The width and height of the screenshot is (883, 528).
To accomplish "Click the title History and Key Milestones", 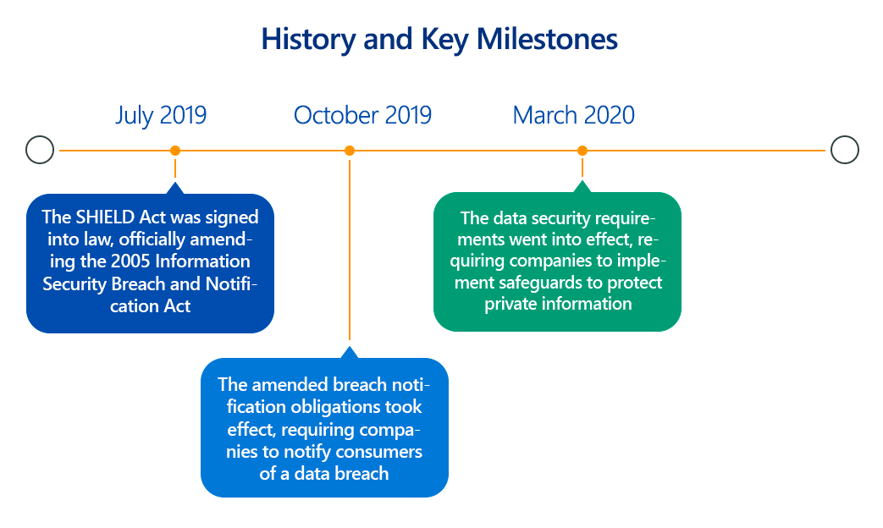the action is [x=439, y=40].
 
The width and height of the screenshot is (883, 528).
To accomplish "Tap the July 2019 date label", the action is [x=161, y=116].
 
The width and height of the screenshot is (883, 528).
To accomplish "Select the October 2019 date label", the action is [x=362, y=115].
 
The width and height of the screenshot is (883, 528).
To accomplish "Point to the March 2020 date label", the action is [x=573, y=115].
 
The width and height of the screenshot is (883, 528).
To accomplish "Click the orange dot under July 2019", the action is [x=175, y=151].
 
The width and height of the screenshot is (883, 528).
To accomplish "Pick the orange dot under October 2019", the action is [x=350, y=151].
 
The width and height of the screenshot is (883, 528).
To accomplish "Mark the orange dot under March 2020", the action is [x=582, y=151].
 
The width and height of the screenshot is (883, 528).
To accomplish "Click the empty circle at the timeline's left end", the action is [x=40, y=150].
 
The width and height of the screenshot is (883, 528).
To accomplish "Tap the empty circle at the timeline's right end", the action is [x=845, y=150].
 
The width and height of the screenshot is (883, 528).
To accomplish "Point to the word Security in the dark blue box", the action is [x=75, y=284].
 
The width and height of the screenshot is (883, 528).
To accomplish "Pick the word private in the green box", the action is [x=510, y=304].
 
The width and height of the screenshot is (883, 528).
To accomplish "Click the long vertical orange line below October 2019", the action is [x=350, y=250].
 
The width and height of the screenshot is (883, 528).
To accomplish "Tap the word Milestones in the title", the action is [x=547, y=40].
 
